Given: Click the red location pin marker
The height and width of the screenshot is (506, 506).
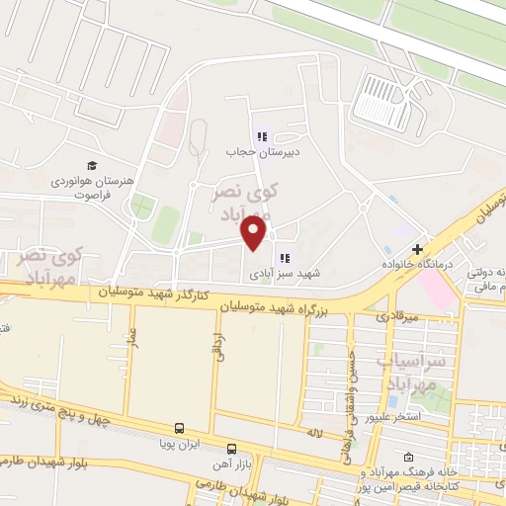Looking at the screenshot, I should coord(255,234).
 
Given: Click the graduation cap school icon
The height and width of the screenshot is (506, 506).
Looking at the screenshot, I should coord(92,165).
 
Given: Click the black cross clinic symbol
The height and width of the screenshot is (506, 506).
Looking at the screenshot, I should coord(419,249).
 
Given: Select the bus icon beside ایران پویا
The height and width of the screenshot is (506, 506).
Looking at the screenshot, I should coord(179,429).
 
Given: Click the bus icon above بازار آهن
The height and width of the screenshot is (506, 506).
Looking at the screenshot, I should coord(231,448).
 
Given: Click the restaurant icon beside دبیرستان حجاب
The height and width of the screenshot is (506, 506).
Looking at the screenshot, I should coord(262,137).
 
